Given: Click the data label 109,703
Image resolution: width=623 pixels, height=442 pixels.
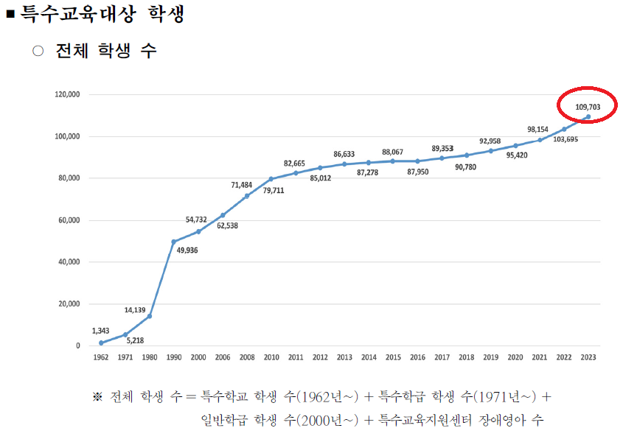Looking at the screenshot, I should [588, 107].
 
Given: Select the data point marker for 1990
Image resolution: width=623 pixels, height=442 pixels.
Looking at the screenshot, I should [174, 242].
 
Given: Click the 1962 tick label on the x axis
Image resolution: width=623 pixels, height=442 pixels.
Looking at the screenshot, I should [101, 357].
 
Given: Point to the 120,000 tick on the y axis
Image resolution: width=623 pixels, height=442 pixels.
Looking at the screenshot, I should [67, 95].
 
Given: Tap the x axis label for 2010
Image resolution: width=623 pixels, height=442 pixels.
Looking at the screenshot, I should [271, 357].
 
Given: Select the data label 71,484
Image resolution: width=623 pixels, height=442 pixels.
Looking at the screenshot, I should [243, 185].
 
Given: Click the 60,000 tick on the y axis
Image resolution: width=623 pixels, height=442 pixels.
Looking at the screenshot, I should [69, 220].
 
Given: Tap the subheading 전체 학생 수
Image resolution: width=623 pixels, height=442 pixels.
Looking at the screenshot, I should [106, 51].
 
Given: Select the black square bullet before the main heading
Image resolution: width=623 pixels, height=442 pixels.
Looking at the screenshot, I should [10, 15].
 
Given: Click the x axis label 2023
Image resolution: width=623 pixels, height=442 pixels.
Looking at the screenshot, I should [588, 357].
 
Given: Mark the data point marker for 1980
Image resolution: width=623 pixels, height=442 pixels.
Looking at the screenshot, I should [150, 316].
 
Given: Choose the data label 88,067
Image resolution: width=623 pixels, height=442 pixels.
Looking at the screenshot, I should [392, 152].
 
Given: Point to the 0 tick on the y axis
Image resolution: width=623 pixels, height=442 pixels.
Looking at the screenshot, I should [77, 345].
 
